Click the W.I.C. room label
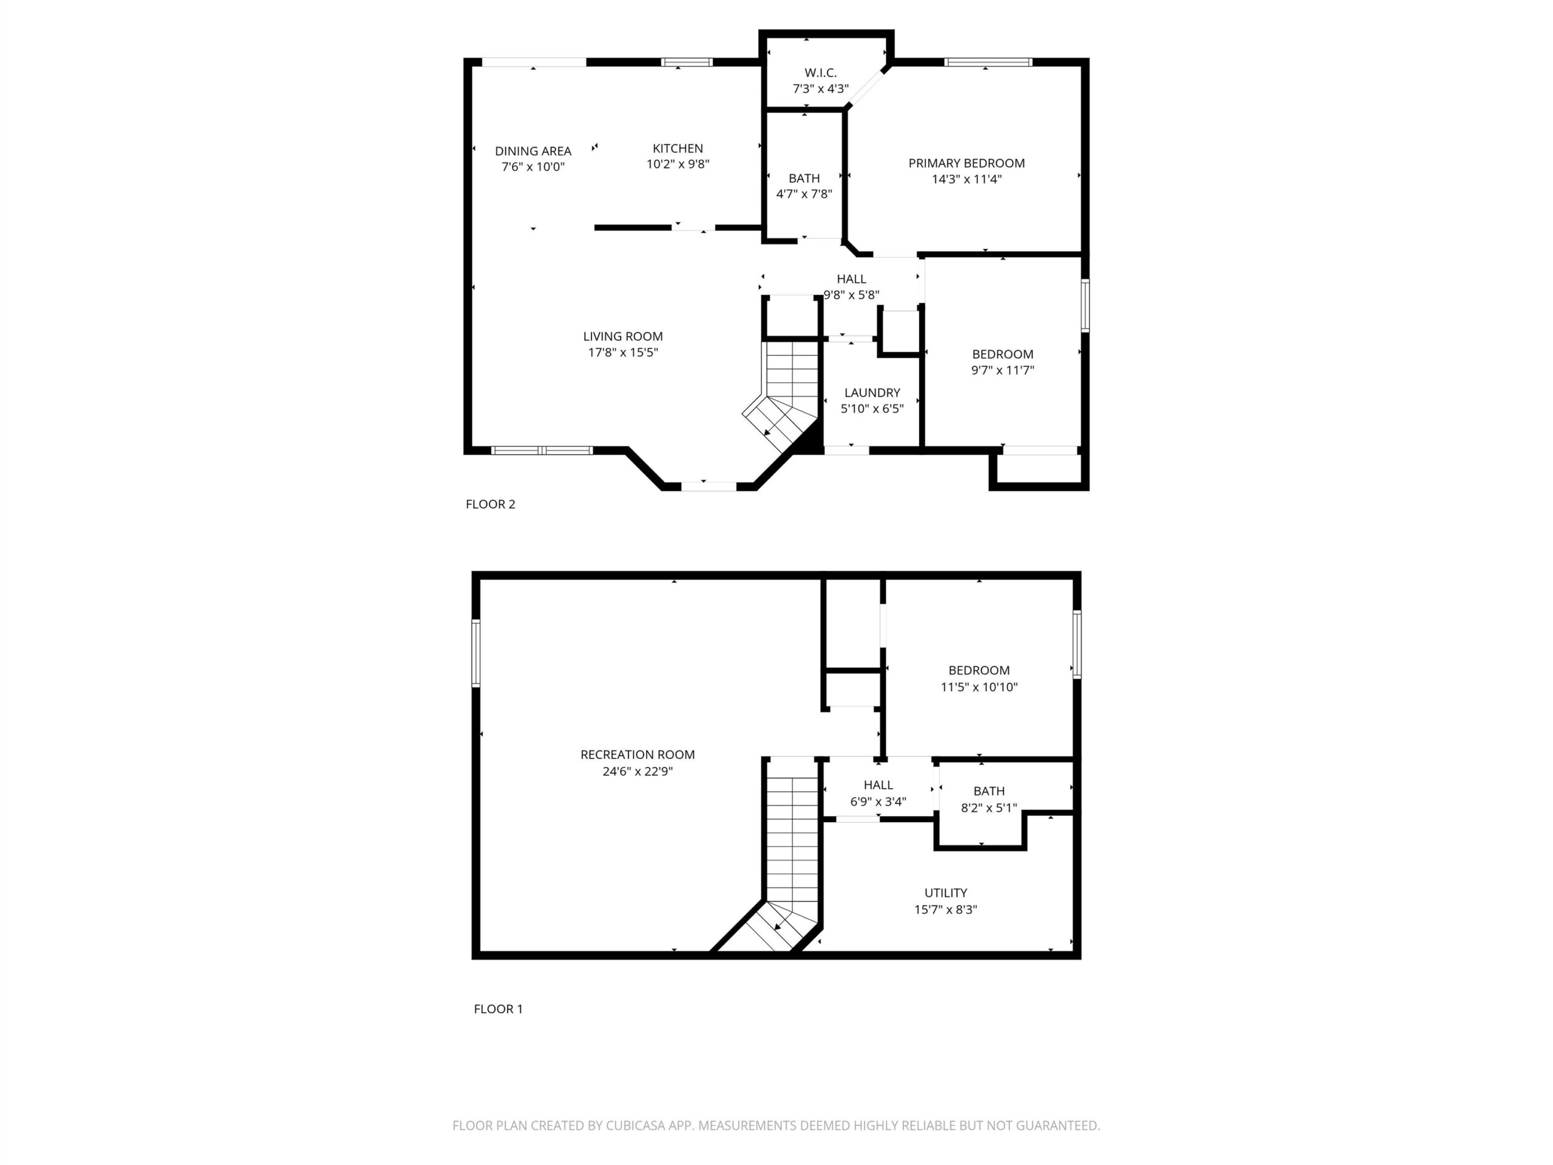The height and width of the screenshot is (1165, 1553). [x=820, y=73]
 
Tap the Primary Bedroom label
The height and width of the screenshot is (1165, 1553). [x=966, y=163]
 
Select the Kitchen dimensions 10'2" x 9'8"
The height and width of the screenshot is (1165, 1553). [x=678, y=164]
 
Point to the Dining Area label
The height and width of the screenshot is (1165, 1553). [x=533, y=151]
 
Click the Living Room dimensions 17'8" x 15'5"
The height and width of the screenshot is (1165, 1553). [x=623, y=353]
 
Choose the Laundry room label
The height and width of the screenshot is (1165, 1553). [x=872, y=393]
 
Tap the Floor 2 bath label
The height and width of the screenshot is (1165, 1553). [x=804, y=178]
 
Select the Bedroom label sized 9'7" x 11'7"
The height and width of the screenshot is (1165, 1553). [x=1003, y=354]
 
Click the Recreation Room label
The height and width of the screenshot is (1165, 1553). [x=638, y=755]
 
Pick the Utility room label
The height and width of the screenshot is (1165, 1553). [x=946, y=893]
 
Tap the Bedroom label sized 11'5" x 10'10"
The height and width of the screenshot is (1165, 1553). [x=979, y=670]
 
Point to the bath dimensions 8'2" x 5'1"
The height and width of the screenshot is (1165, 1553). [x=989, y=808]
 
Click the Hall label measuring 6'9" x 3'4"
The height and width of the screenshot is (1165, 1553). [x=878, y=785]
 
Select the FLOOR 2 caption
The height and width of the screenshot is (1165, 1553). [x=490, y=504]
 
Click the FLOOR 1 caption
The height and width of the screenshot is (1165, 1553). [x=498, y=1009]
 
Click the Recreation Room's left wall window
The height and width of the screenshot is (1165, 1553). [x=476, y=653]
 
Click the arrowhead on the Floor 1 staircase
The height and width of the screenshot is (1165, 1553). [x=778, y=927]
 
